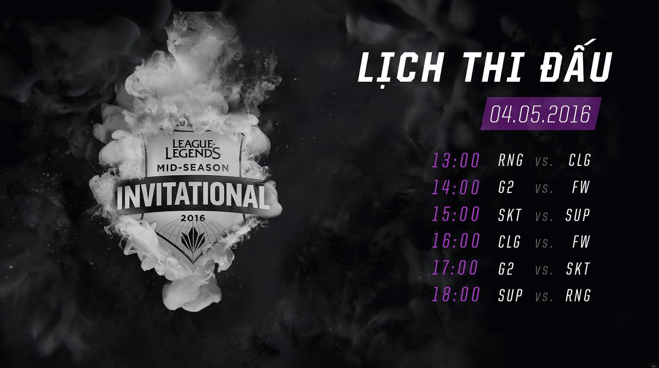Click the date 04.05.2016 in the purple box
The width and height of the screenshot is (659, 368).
coord(540,114)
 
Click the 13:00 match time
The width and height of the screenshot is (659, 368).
coord(456,161)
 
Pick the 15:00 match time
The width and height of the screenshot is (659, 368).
coord(456,215)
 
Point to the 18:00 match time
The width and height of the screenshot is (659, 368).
coord(456,295)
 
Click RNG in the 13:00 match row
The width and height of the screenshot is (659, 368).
coord(510,161)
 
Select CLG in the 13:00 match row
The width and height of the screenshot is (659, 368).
coord(579,161)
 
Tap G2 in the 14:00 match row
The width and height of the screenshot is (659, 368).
coord(506,187)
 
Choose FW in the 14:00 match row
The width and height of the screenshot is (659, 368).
coord(581,187)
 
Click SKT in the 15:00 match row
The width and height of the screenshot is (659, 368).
coord(510,215)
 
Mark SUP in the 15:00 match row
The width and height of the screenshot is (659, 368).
coord(578,215)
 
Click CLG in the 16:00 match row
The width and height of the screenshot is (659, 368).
coord(509,242)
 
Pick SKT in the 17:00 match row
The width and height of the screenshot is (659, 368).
coord(578,269)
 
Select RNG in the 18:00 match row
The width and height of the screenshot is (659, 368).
coord(578,295)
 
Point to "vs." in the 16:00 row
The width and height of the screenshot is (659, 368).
coord(544,242)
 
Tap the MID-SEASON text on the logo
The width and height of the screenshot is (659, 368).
coord(193,168)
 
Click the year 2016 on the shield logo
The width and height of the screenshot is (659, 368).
coord(193,218)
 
